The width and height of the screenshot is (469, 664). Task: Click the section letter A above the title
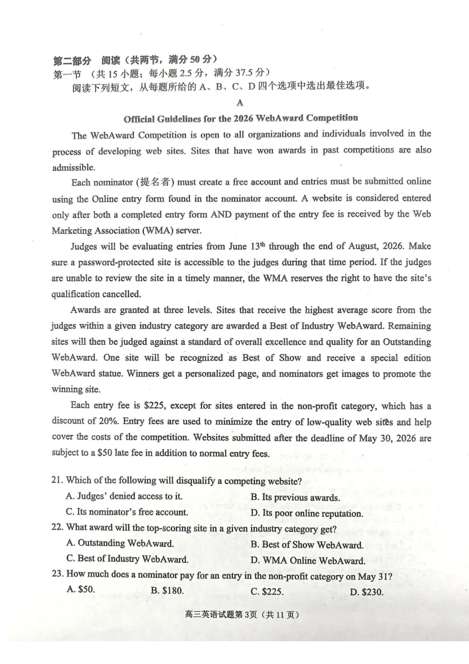[240, 103]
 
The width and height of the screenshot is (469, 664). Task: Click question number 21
[57, 480]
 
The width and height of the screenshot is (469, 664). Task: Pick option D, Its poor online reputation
[307, 513]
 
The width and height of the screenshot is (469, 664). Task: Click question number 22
[57, 527]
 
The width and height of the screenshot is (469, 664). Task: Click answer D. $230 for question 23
[366, 592]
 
